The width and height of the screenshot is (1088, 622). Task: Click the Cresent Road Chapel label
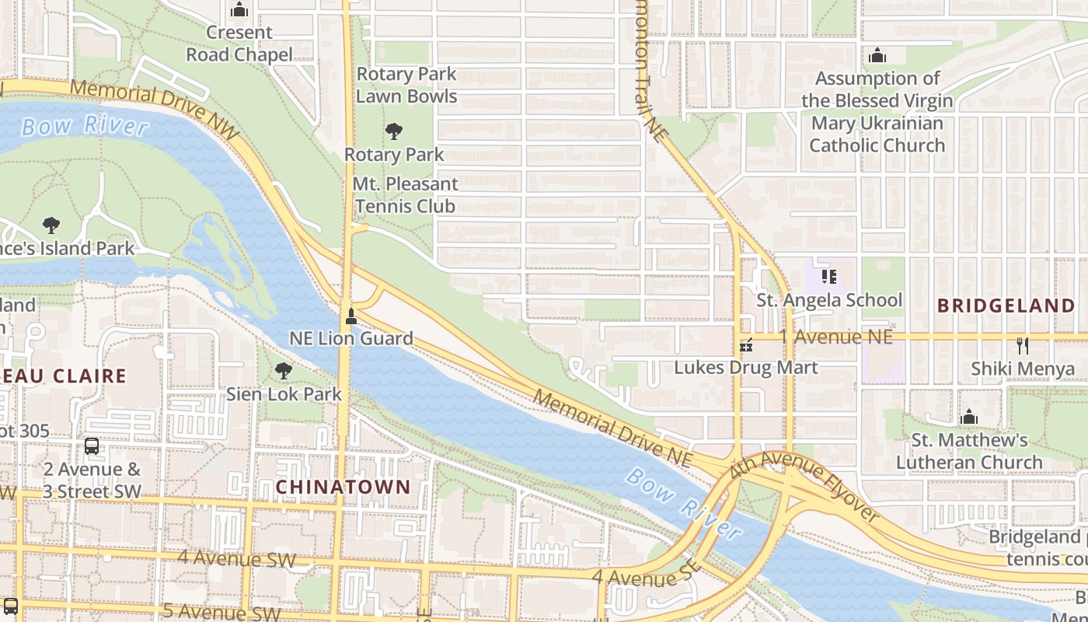pos(239,44)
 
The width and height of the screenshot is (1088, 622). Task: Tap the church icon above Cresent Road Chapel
pos(239,10)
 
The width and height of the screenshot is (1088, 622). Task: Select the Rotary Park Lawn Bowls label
pos(406,86)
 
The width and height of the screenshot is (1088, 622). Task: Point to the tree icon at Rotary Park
pos(394,131)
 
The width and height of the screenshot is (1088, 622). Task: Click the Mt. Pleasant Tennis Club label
pos(405,195)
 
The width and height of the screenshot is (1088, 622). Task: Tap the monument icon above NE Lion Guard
pos(351,316)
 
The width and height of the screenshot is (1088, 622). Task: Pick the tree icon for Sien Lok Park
pos(284,371)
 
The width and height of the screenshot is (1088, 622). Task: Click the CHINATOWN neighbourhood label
pos(343,487)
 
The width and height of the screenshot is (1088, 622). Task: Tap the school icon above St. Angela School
pos(829,277)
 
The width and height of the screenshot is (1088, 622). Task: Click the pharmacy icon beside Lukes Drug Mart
pos(746,345)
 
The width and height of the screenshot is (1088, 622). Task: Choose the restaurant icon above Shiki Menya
pos(1023,346)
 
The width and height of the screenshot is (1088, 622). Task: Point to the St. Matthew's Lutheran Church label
pos(969,451)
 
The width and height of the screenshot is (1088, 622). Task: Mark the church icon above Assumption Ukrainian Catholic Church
pos(877,55)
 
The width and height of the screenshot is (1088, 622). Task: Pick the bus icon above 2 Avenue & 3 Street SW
pos(92,446)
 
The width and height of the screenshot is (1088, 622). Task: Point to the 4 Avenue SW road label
pos(236,558)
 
